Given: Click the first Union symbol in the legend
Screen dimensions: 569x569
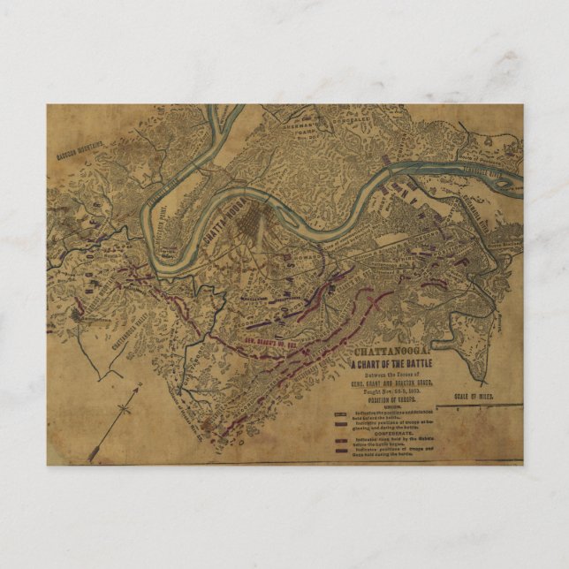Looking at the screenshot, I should click(x=341, y=414).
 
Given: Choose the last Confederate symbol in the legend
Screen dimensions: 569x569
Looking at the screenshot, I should click(x=341, y=450).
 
